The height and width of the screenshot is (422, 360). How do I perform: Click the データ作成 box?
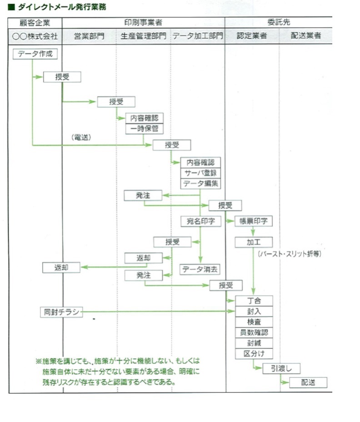point(35,54)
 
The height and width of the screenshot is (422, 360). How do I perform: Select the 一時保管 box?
point(144,129)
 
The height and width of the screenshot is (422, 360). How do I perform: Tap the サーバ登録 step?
point(200,173)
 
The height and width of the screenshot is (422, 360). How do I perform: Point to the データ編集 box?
point(200,184)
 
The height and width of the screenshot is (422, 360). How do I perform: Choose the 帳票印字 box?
point(253,221)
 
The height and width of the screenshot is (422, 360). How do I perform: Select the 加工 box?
point(253,242)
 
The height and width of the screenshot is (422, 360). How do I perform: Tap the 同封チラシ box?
point(61,312)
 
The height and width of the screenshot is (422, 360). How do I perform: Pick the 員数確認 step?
point(254,332)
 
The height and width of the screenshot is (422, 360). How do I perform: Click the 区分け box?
point(254,353)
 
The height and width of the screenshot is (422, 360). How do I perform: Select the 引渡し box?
point(281,368)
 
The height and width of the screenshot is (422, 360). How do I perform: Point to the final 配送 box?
point(308,382)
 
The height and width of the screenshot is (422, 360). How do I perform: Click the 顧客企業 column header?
point(35,22)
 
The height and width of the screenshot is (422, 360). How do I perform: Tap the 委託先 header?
point(279,22)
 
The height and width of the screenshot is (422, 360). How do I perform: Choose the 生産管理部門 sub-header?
point(144,36)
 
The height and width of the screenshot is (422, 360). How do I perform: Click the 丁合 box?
point(254,301)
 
